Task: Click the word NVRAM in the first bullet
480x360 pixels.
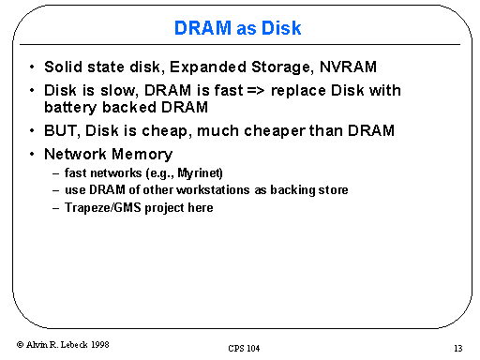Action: coord(348,67)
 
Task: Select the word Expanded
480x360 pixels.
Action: coord(208,67)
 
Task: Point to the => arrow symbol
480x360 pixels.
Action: coord(255,91)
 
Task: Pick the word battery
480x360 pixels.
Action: coord(70,108)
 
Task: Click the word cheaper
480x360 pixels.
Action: coord(275,131)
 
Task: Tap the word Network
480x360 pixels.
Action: coord(75,154)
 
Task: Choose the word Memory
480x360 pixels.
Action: coord(142,155)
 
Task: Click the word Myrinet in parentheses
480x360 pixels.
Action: coord(200,172)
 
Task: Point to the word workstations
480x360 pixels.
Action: coord(213,189)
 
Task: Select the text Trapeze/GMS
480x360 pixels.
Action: coord(103,208)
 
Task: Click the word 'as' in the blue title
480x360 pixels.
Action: coord(246,29)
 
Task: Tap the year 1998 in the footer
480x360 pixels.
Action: coord(100,344)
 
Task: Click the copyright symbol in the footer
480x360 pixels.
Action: coord(20,344)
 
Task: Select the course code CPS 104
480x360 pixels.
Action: coord(244,348)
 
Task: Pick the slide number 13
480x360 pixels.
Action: coord(458,348)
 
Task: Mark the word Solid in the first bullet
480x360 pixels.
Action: coord(63,67)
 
